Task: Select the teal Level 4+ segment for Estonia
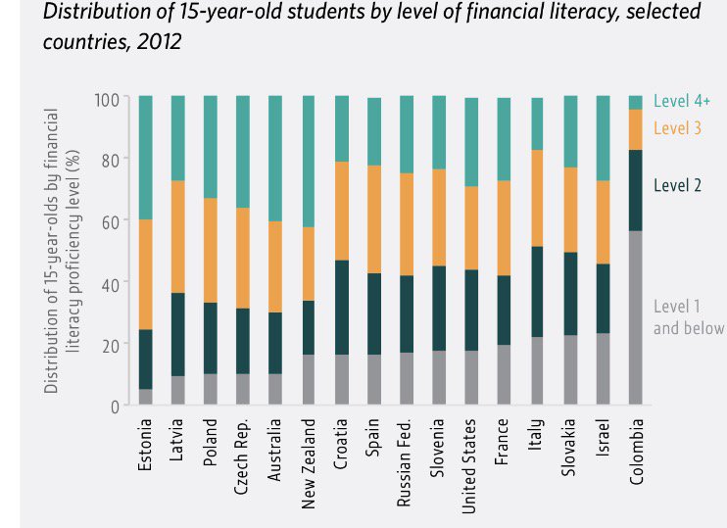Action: (x=145, y=157)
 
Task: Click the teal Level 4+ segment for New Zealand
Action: (x=309, y=162)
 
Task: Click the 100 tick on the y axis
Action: (x=106, y=100)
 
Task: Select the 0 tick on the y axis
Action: (x=114, y=406)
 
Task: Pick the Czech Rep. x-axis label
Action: (x=243, y=458)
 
